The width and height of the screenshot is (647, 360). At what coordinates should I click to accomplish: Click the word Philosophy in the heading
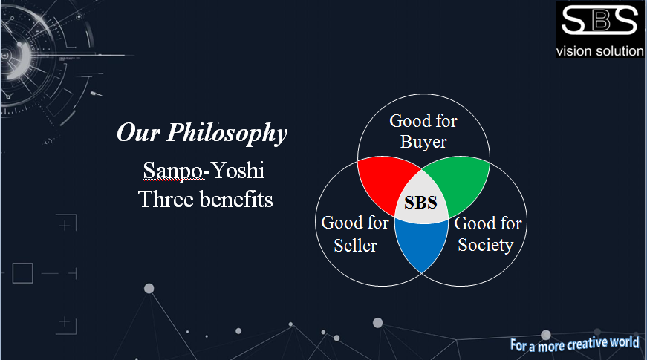coord(227,134)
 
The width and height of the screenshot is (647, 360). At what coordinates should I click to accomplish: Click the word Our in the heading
coord(138,133)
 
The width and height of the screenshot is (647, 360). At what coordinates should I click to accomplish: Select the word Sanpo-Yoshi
coord(204,171)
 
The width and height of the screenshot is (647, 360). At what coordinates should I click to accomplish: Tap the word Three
coord(166,199)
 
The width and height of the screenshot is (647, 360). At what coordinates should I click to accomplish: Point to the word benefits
coord(236,199)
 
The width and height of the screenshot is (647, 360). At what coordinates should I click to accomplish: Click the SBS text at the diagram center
coord(420,203)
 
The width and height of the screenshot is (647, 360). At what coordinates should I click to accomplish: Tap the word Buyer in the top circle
coord(423,143)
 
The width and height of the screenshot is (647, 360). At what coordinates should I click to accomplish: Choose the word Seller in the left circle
coord(355,246)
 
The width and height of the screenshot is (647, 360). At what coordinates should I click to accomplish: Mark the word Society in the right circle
coord(486,245)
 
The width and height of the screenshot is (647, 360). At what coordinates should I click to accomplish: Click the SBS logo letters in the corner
coord(599,20)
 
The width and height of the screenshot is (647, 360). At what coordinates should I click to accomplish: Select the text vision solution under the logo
coord(600,51)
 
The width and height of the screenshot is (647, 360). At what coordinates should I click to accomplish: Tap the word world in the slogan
coord(625,342)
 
